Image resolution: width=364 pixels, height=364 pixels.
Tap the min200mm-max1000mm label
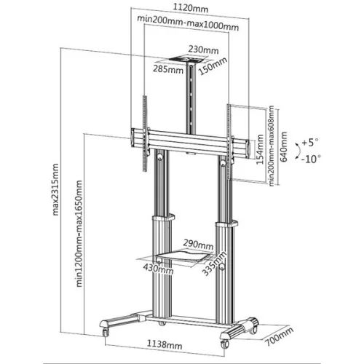187,27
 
